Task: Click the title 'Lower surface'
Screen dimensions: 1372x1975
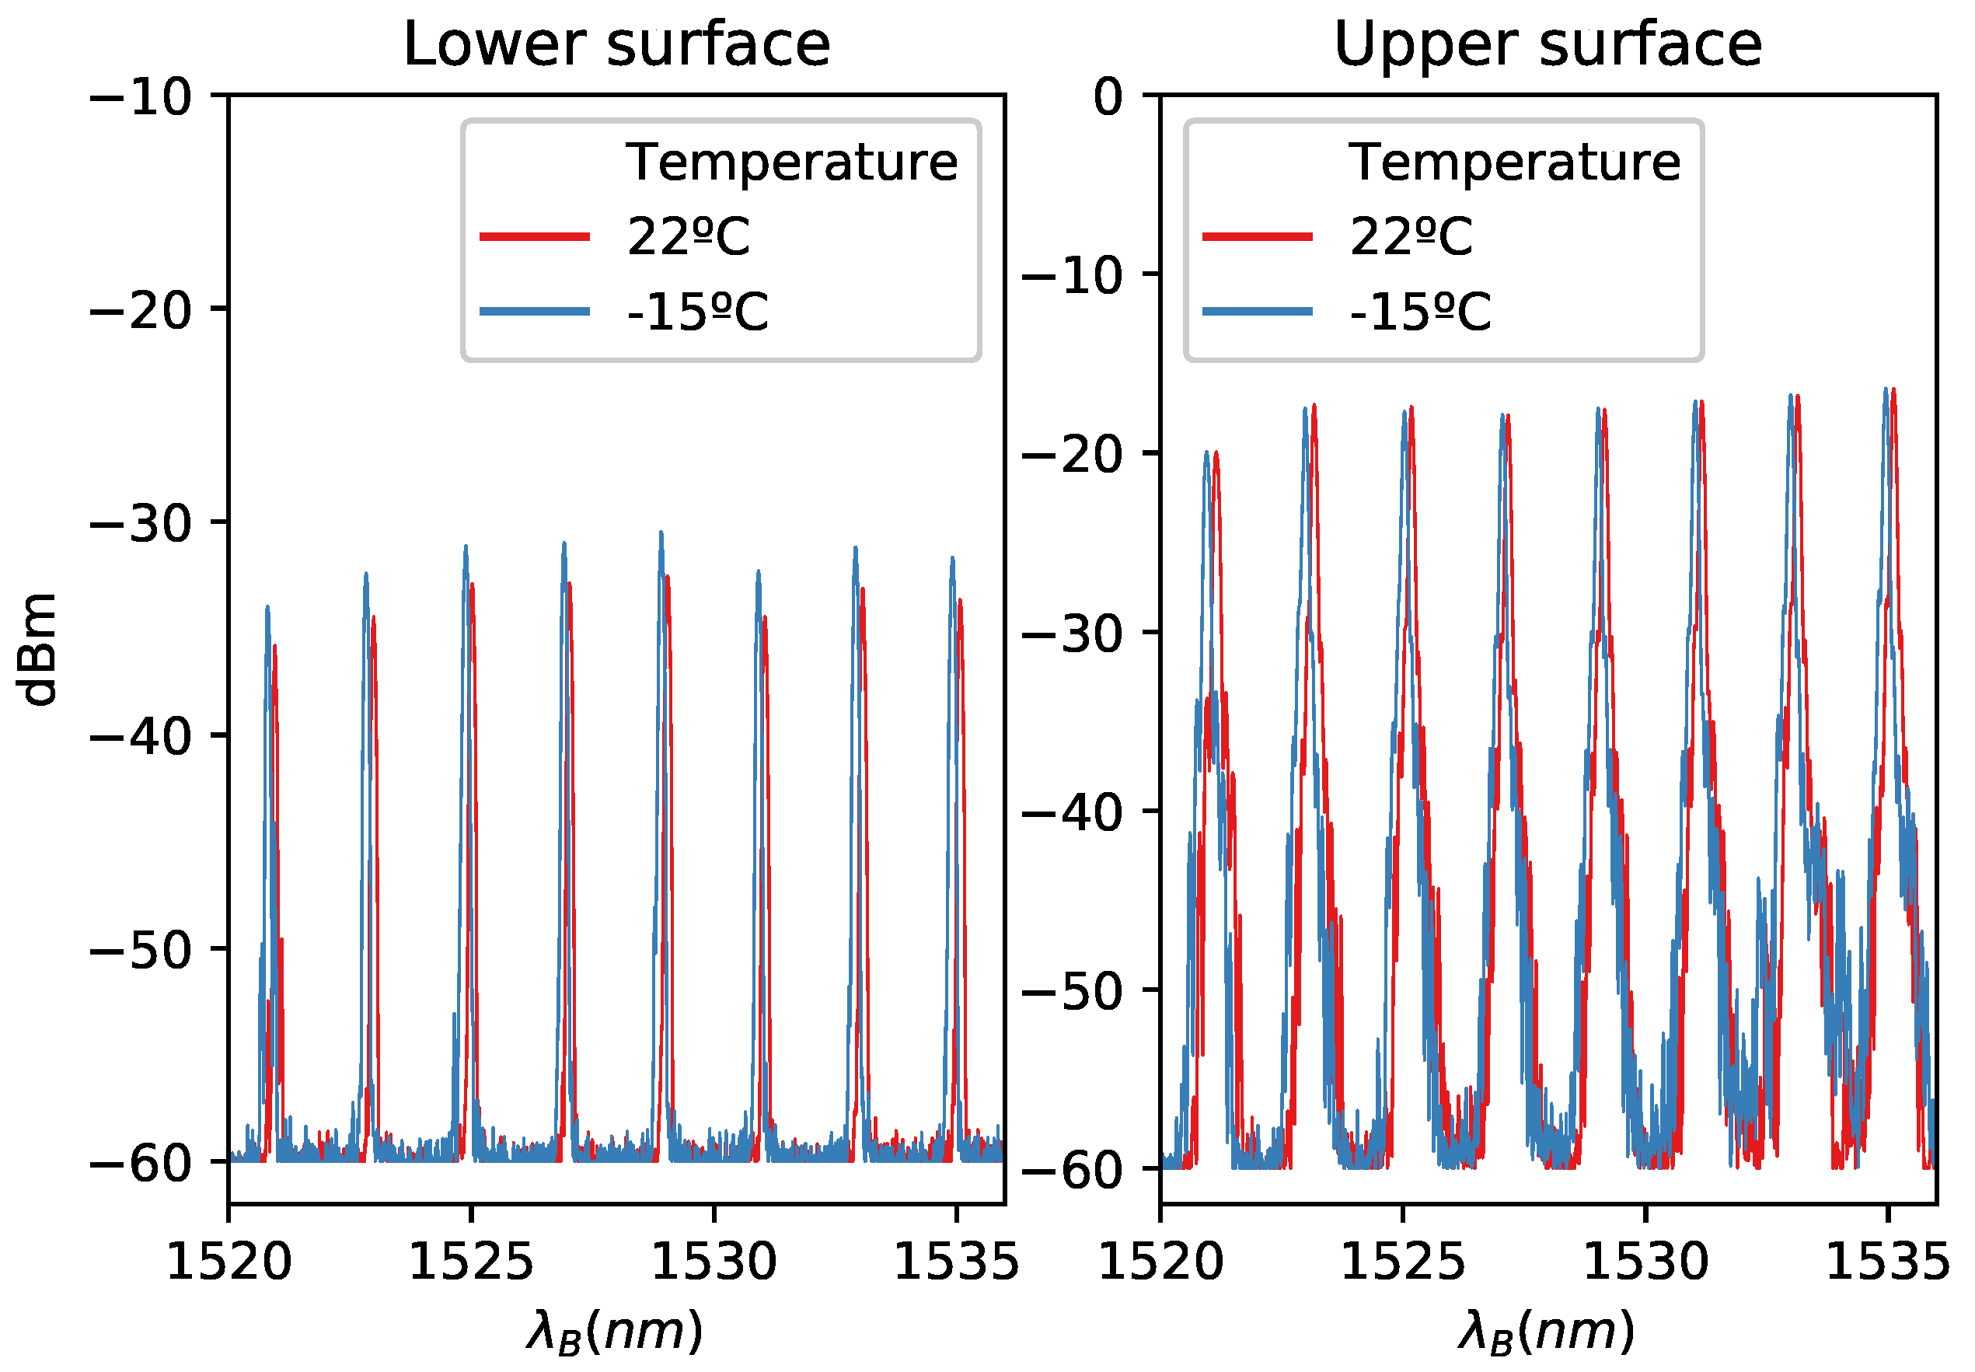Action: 616,45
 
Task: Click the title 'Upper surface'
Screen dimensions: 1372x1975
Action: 1547,45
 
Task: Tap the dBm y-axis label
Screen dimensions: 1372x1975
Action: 39,649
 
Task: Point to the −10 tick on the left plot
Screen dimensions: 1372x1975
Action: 141,97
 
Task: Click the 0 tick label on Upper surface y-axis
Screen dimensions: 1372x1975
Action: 1108,97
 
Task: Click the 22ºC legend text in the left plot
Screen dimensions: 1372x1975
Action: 689,237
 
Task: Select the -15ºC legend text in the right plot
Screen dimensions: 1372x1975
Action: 1421,312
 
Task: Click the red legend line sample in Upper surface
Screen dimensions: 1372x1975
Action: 1258,236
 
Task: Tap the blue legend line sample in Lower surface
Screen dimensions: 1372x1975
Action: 535,311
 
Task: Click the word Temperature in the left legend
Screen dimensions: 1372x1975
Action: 790,162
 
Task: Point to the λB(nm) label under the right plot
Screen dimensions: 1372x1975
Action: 1546,1332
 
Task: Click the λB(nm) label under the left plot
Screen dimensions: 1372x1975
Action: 616,1332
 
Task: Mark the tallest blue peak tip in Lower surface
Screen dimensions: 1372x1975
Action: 661,534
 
